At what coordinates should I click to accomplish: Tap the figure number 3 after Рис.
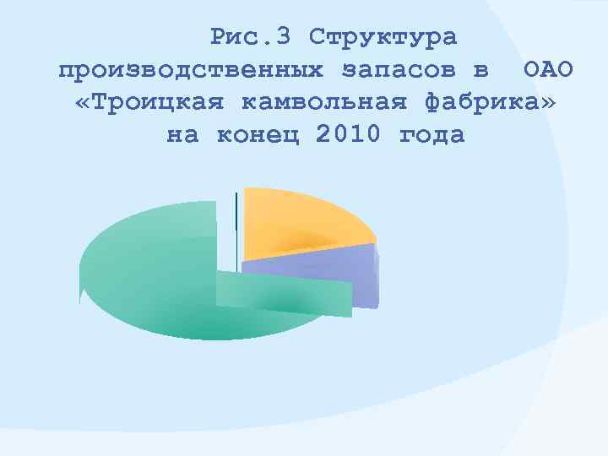click(285, 37)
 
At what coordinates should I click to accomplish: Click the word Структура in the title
click(383, 37)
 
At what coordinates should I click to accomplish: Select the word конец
click(259, 135)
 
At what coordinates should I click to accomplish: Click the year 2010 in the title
click(350, 135)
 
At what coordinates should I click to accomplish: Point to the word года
click(432, 135)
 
